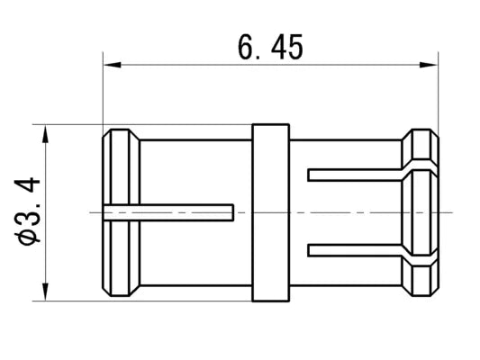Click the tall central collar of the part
click(270, 212)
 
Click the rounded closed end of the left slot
click(231, 212)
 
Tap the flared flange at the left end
click(122, 212)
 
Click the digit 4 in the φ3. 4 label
click(30, 187)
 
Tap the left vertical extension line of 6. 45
click(103, 90)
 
